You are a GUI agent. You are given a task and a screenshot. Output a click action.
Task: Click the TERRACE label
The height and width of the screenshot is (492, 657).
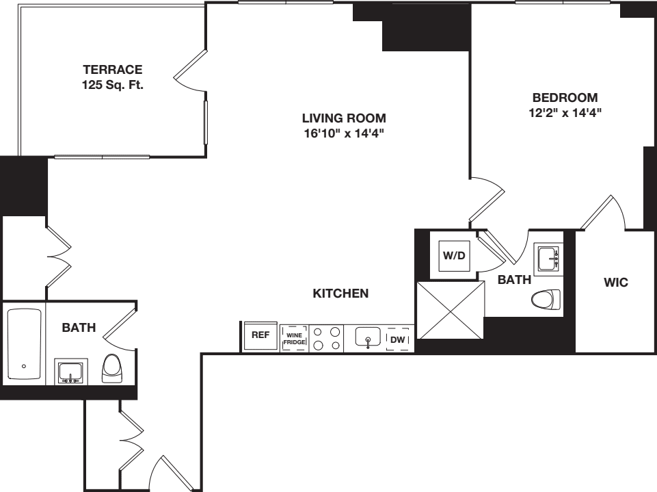coord(113,70)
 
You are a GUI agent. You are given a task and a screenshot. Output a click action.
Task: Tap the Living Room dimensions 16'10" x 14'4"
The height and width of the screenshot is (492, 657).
coord(345,133)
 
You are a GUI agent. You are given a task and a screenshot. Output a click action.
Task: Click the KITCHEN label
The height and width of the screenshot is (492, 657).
coord(340,294)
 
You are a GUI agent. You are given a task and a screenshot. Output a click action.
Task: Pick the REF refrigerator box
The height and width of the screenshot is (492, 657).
coord(260,337)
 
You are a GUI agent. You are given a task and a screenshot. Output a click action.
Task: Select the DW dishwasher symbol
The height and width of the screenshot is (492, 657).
coord(397,339)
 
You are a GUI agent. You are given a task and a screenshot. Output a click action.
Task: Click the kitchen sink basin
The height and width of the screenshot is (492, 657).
coord(368,337)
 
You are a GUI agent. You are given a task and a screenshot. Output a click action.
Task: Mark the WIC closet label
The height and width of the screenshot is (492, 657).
coord(617,282)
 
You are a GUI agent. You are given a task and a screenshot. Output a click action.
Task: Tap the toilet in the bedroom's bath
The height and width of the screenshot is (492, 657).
coord(546,299)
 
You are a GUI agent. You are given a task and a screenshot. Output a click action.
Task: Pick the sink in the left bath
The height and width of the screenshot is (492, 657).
coord(71,372)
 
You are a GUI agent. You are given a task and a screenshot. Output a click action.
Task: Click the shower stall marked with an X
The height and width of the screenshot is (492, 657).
coord(451,309)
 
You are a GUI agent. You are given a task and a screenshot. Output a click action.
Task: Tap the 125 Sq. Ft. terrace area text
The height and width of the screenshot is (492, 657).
coord(113,86)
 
